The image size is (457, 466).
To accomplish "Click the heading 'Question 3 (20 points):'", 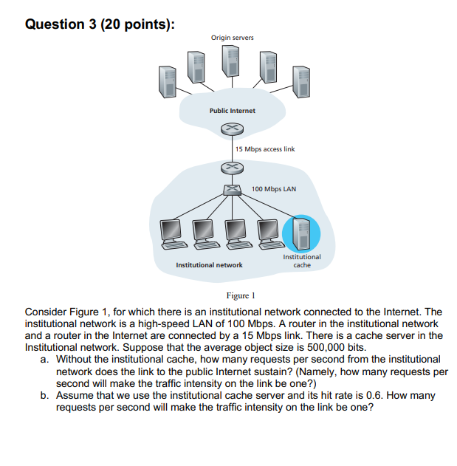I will pyautogui.click(x=100, y=24).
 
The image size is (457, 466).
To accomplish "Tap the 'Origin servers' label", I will pyautogui.click(x=232, y=38).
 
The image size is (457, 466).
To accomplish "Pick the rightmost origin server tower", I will pyautogui.click(x=298, y=81).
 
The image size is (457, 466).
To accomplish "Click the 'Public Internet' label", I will pyautogui.click(x=232, y=111).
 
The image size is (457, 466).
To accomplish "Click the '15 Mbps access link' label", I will pyautogui.click(x=265, y=149).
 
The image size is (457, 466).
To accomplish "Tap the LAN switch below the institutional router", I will pyautogui.click(x=232, y=191).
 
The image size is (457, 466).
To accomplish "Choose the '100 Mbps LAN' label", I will pyautogui.click(x=273, y=189).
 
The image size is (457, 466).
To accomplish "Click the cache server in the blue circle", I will pyautogui.click(x=302, y=232).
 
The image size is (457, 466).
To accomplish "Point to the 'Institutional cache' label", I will pyautogui.click(x=302, y=261).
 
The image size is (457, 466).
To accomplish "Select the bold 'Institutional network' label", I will pyautogui.click(x=209, y=264).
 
